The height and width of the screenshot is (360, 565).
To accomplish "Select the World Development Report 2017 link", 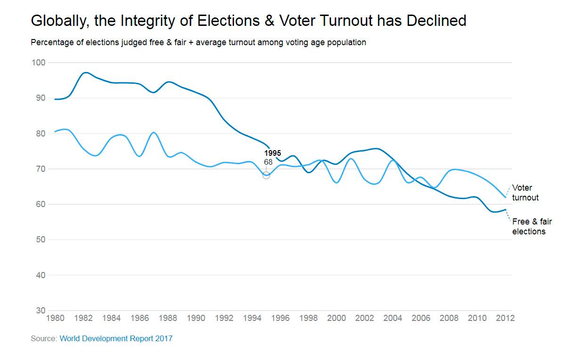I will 116,338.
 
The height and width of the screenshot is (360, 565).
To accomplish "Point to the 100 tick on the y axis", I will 38,63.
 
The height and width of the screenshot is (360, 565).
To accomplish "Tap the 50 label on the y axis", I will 40,240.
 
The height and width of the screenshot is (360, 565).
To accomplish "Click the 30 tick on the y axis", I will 40,311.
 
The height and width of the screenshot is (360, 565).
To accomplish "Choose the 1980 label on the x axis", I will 56,318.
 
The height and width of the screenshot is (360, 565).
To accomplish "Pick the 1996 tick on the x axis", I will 280,318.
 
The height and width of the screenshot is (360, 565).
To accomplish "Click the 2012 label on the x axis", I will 505,318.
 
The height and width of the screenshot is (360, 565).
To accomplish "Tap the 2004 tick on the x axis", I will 393,318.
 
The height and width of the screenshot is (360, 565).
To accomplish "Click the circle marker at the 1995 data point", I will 266,175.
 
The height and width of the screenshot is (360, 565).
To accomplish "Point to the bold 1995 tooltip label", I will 273,153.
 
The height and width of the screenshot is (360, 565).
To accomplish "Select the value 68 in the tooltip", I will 268,162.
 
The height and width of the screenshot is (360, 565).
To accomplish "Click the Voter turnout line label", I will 525,192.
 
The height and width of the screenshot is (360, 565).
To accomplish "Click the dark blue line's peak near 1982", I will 85,72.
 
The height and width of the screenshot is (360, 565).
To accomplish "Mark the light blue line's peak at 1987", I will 154,132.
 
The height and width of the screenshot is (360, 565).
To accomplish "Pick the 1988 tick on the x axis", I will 168,318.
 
